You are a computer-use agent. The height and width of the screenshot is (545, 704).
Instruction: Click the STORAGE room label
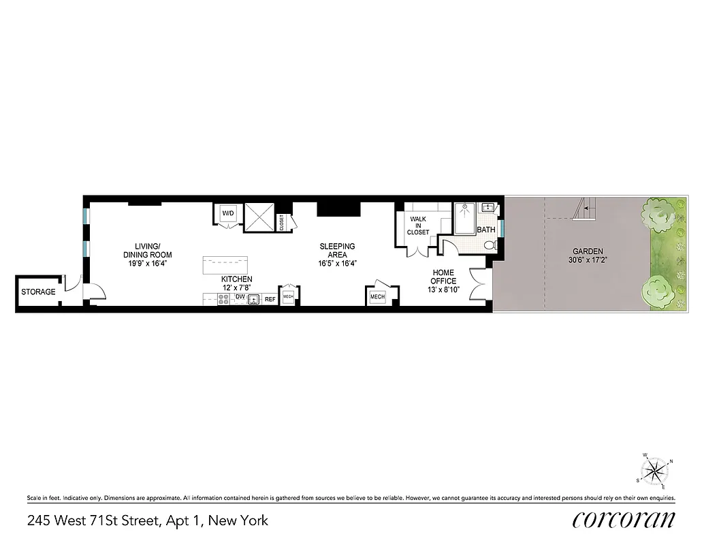pyautogui.click(x=38, y=292)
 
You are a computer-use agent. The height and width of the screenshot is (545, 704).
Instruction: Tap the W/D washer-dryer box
pyautogui.click(x=227, y=214)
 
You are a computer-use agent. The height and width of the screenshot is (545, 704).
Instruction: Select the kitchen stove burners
pyautogui.click(x=223, y=298)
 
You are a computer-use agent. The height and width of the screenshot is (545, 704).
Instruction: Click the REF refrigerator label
pyautogui.click(x=270, y=299)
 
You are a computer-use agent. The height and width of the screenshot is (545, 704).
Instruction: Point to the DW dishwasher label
pyautogui.click(x=240, y=297)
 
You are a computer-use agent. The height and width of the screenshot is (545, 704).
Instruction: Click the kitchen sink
pyautogui.click(x=253, y=299)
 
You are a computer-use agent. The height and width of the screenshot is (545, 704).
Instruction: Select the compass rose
pyautogui.click(x=655, y=470)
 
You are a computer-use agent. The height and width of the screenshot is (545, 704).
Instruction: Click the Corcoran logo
pyautogui.click(x=624, y=520)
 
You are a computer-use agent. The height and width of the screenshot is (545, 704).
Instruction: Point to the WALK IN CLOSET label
pyautogui.click(x=418, y=225)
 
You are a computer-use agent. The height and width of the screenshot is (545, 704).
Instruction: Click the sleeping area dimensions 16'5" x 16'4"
pyautogui.click(x=337, y=264)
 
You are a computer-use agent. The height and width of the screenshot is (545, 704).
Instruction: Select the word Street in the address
pyautogui.click(x=134, y=521)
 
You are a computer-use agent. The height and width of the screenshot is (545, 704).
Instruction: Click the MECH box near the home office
pyautogui.click(x=377, y=297)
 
